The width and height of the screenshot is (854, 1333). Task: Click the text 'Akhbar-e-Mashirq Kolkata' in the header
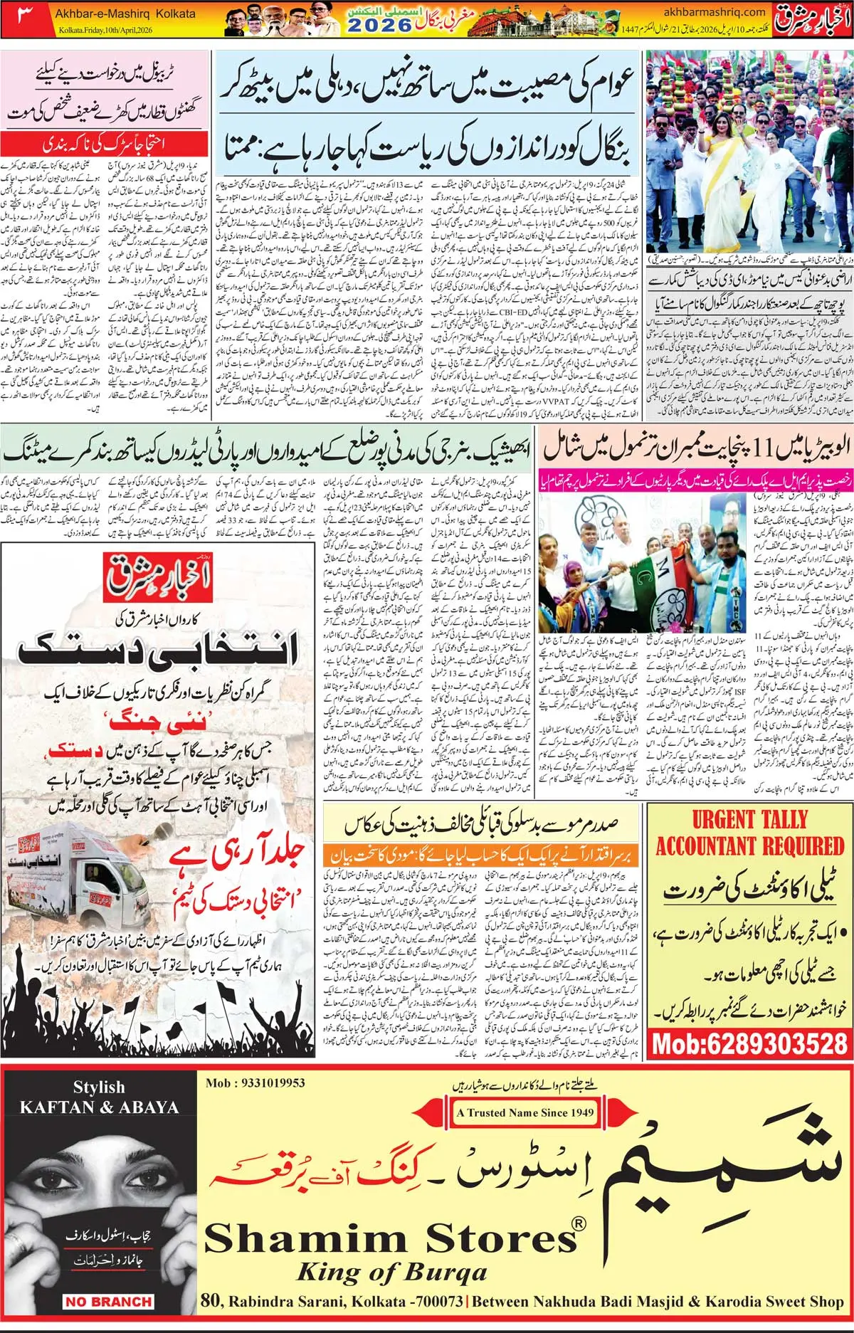point(125,13)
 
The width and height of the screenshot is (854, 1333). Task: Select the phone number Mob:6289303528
point(749,1044)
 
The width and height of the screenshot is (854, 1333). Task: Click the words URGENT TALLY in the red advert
point(749,819)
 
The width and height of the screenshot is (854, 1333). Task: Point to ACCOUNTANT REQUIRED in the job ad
point(749,846)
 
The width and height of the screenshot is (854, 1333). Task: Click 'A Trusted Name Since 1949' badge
point(525,1112)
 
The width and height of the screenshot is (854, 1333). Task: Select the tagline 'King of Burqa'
point(391,1271)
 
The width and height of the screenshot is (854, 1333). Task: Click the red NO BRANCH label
point(108,1302)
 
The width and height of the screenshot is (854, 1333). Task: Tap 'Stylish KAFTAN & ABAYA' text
point(99,1097)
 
